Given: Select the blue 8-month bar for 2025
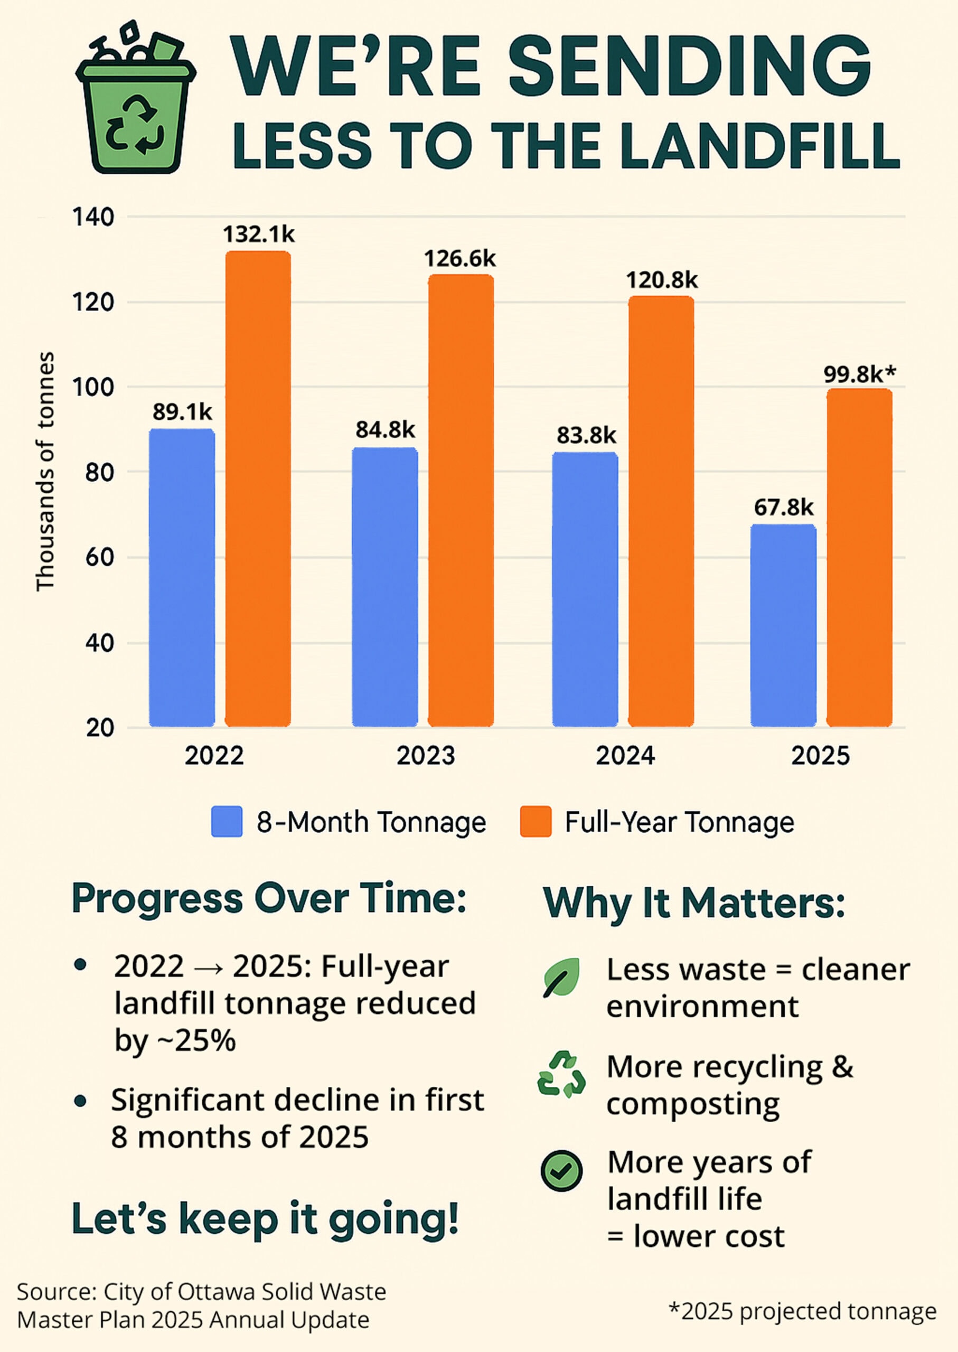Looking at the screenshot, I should tap(783, 625).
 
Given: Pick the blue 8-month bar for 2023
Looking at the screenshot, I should tap(384, 587).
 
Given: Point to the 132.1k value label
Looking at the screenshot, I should tap(258, 235).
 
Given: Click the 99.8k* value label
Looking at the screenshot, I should tap(859, 373).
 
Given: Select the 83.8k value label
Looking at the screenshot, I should tap(586, 435).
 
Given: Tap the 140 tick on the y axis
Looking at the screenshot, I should tap(93, 217).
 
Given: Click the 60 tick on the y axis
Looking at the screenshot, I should tap(99, 557).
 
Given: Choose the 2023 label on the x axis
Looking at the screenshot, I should tap(425, 756).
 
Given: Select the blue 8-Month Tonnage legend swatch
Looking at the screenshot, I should tap(227, 822).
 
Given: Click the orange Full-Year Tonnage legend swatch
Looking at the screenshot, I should tap(536, 822).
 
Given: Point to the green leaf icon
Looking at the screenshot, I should tap(561, 978).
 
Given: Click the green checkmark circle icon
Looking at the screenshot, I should tap(561, 1171).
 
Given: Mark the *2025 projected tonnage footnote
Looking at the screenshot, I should tap(802, 1311).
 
